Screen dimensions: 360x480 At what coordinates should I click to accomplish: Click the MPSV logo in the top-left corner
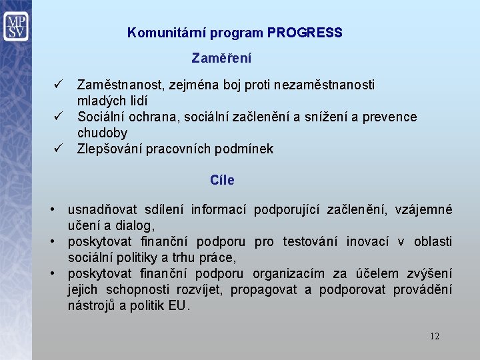pos(15,27)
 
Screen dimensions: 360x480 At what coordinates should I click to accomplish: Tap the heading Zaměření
pos(221,59)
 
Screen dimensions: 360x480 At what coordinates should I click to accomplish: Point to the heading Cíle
pos(222,181)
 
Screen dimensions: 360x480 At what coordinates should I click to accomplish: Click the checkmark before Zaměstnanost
pos(58,85)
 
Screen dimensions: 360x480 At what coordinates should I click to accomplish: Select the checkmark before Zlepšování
pos(58,149)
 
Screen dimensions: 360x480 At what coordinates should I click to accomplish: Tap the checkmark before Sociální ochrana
pos(58,117)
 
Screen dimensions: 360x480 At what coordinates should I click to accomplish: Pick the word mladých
pos(101,101)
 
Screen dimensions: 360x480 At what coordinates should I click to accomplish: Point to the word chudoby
pos(102,133)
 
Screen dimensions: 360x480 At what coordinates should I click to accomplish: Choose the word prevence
pos(390,117)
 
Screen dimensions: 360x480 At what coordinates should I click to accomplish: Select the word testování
pos(309,241)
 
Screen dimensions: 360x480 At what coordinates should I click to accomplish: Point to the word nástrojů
pos(93,306)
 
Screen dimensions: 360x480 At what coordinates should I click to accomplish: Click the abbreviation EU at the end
pos(178,306)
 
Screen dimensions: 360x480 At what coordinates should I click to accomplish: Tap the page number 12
pos(435,336)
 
